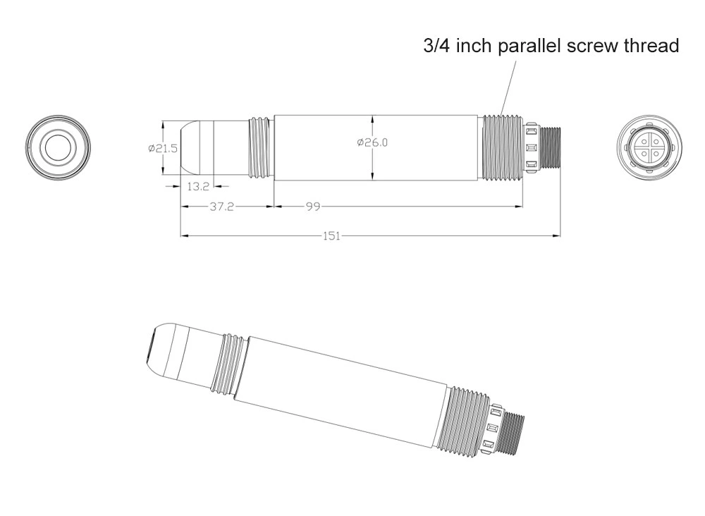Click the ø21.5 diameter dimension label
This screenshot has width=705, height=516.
[x=164, y=148]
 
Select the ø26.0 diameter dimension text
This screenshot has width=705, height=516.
[x=372, y=142]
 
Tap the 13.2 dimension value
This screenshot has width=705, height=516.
[x=198, y=186]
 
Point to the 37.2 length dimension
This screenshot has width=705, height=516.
[x=222, y=207]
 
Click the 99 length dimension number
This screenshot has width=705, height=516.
[x=314, y=207]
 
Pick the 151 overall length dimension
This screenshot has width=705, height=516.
[x=332, y=236]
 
